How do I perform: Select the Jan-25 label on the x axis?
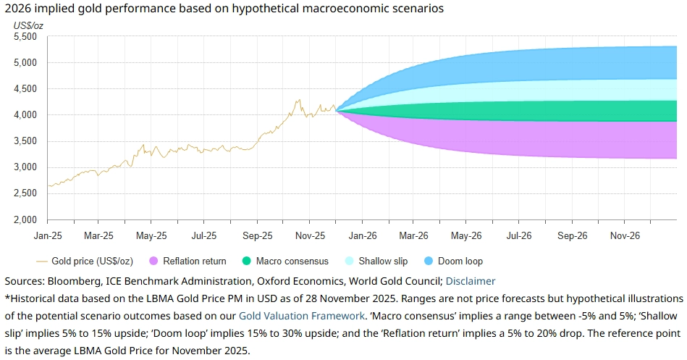(48, 235)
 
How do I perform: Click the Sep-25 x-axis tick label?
(257, 235)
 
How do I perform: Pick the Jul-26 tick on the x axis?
(519, 235)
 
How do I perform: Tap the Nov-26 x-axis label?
(624, 235)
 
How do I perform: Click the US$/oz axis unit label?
(30, 25)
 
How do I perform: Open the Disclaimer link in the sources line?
(470, 281)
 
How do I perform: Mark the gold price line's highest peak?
(298, 100)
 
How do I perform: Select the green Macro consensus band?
(543, 111)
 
